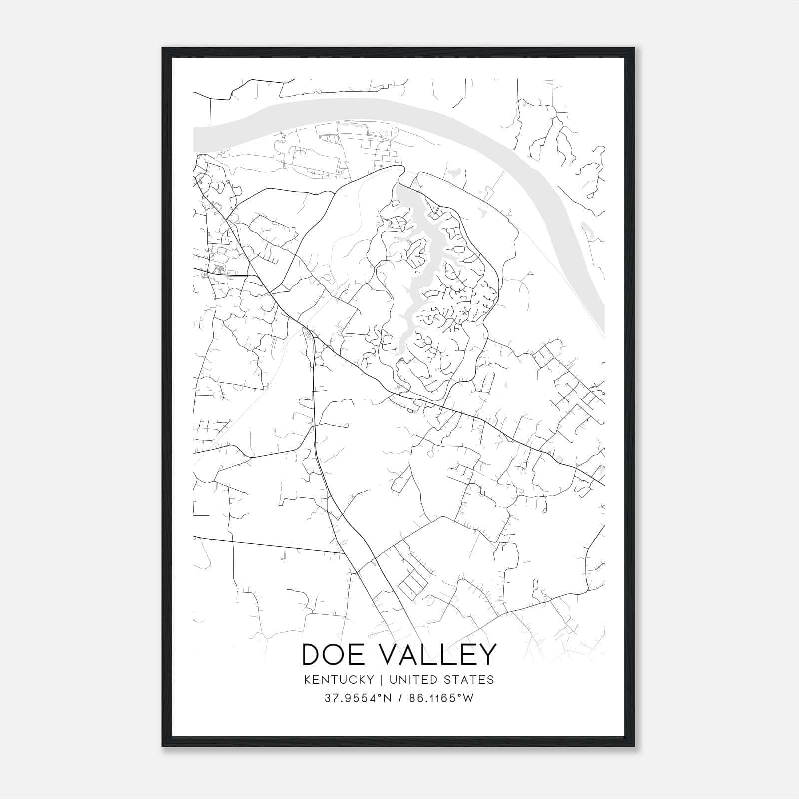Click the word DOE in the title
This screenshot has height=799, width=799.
coord(336,655)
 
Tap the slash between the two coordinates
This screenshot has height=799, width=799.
coord(399,698)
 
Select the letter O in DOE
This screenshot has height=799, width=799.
coord(338,655)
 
